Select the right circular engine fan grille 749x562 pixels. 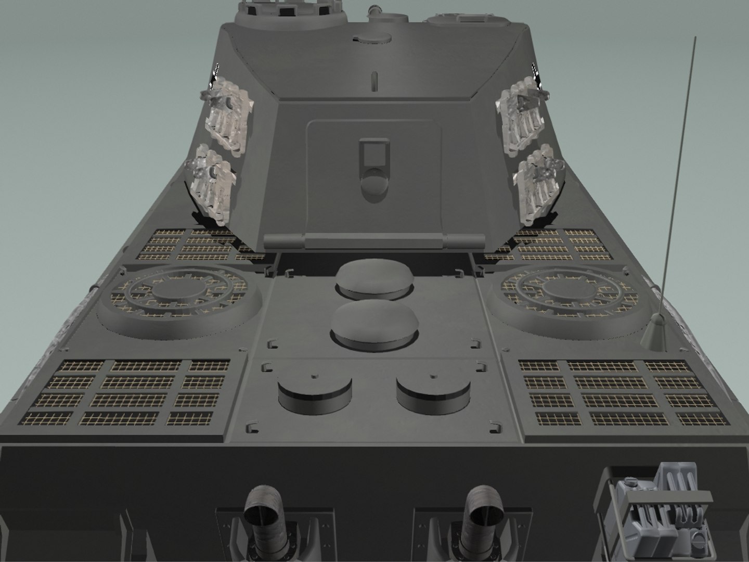[569, 295]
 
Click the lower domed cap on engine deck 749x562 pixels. [373, 324]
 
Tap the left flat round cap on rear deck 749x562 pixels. [314, 393]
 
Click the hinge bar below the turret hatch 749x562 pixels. [373, 241]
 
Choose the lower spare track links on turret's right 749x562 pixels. [538, 185]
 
